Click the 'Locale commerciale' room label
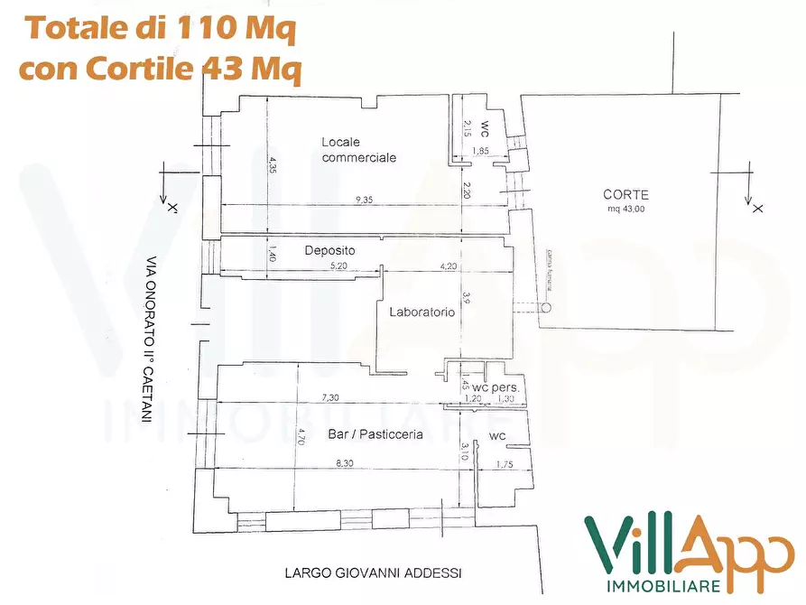click(x=358, y=150)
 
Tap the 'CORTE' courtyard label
click(x=625, y=194)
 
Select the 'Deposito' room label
click(x=329, y=250)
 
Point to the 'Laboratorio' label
click(x=422, y=312)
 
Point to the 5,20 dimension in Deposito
click(x=338, y=265)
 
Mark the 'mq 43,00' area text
click(x=625, y=209)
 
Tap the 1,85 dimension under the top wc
click(x=482, y=151)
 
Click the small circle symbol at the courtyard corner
click(x=546, y=307)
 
